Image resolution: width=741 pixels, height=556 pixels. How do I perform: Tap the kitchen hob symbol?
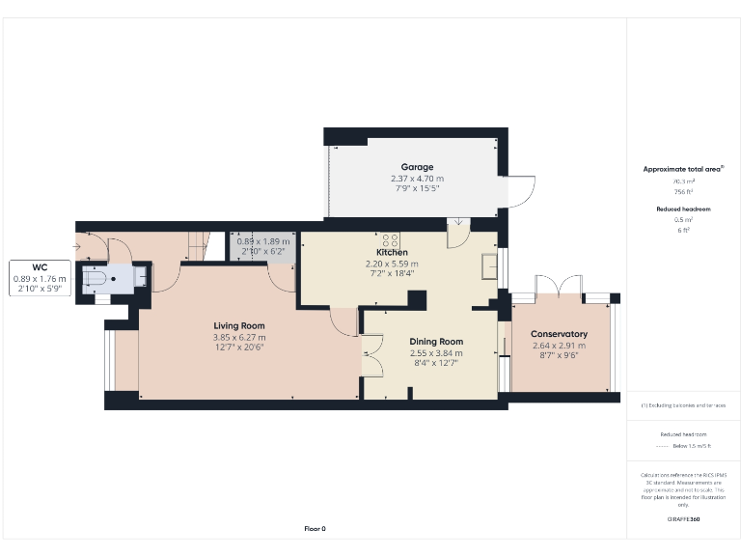coord(391,239)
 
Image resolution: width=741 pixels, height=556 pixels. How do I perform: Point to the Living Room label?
coord(239,326)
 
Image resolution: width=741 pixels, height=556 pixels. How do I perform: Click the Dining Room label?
coord(436,342)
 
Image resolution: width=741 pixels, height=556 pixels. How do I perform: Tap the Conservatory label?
coord(559,334)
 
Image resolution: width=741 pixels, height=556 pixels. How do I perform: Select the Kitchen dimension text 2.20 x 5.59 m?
coord(391,264)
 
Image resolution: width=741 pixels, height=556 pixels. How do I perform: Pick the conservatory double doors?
coord(559,284)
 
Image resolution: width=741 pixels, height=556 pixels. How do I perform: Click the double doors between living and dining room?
coord(372,354)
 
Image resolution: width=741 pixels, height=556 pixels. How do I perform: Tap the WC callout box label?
coord(40,267)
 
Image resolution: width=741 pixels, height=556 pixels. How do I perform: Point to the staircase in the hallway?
coord(199,245)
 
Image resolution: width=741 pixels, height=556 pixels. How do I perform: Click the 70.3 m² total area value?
coord(683,181)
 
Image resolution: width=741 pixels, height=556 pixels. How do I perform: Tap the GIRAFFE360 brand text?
coord(683,520)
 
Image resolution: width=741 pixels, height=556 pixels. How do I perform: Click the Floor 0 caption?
coord(316,529)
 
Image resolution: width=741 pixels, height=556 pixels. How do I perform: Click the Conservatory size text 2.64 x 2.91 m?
coord(559,345)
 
